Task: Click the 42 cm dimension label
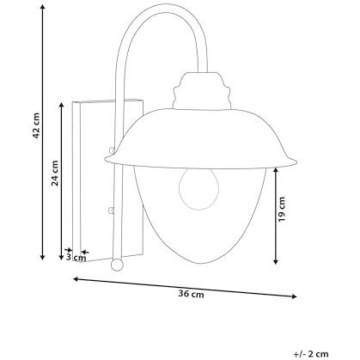(x=36, y=125)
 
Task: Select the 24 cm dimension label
(x=55, y=174)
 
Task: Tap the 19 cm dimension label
(x=282, y=209)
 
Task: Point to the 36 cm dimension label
(x=191, y=294)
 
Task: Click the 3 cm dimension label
(x=76, y=257)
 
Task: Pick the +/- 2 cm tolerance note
(x=311, y=354)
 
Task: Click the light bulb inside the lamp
(x=198, y=188)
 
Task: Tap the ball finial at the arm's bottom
(x=117, y=265)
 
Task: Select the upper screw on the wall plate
(x=112, y=150)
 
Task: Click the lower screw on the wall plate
(x=111, y=211)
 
